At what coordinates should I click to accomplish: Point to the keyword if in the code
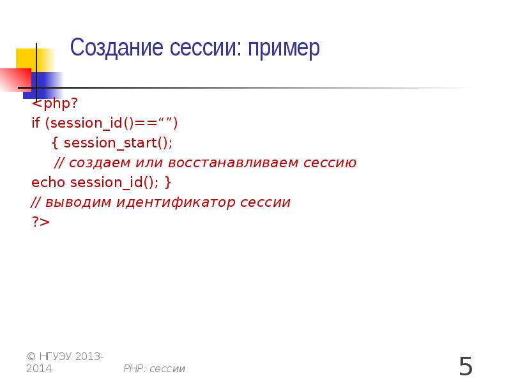35,123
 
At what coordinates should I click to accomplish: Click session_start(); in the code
118,143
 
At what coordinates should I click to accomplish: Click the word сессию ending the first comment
329,163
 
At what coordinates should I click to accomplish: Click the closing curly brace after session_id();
167,183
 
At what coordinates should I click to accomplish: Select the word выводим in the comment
76,203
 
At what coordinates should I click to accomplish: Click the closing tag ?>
40,222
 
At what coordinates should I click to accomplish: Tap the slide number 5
466,366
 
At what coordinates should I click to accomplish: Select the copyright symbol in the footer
31,356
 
